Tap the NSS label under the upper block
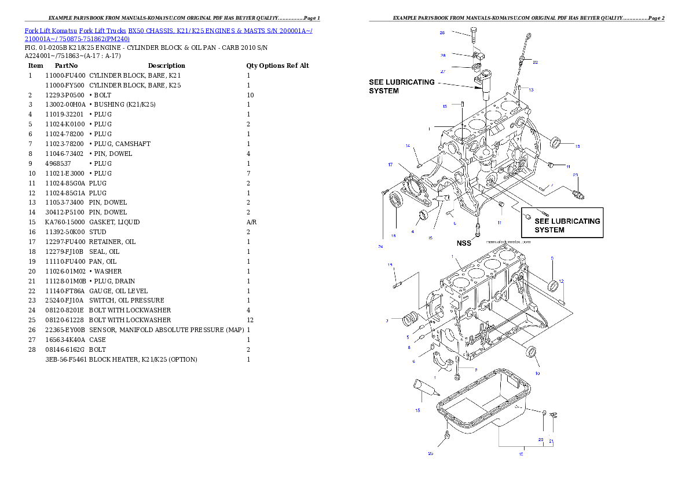[465, 243]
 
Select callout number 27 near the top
[442, 72]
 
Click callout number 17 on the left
[390, 165]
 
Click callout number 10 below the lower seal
[537, 373]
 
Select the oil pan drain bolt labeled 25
[447, 435]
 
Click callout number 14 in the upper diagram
[408, 145]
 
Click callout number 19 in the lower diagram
[390, 265]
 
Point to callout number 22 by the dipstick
[535, 62]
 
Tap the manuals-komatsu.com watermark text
[509, 241]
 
